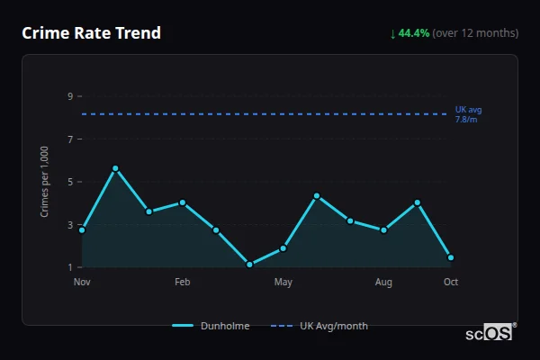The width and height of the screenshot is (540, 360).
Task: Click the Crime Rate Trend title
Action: click(x=91, y=33)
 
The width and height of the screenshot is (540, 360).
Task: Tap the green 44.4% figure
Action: click(x=414, y=33)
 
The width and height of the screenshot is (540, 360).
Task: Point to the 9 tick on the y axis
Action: click(x=69, y=96)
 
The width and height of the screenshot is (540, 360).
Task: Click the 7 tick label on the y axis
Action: click(x=69, y=139)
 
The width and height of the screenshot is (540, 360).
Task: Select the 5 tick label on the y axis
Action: click(x=69, y=182)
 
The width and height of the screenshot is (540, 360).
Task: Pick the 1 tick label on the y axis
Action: click(x=69, y=267)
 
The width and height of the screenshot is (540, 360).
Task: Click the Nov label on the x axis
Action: click(x=82, y=283)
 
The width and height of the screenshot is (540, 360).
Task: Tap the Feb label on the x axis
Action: click(x=182, y=283)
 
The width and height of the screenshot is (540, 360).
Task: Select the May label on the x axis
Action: click(x=283, y=283)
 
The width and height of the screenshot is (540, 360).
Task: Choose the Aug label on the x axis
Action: click(x=383, y=283)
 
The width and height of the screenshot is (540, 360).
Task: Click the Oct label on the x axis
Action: click(x=451, y=283)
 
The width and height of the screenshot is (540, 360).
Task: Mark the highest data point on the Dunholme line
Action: click(x=115, y=168)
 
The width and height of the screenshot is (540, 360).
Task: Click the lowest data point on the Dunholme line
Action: click(x=249, y=265)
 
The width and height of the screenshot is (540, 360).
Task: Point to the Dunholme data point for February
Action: click(x=183, y=202)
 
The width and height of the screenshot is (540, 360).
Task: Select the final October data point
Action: click(x=451, y=257)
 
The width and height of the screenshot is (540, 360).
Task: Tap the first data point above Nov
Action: click(x=82, y=230)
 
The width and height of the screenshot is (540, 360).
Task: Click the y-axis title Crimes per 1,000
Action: click(x=45, y=182)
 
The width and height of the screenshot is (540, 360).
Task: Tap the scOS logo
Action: click(x=490, y=333)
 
